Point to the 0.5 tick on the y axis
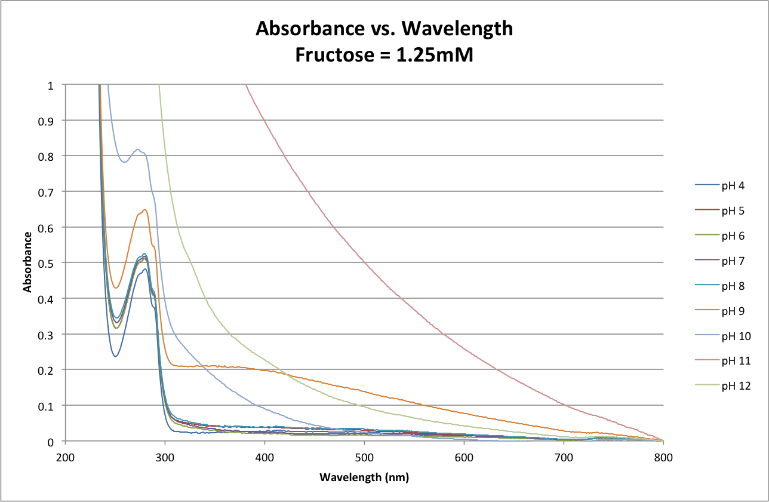(x=52, y=263)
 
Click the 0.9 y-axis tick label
(x=52, y=121)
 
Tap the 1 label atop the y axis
(x=56, y=85)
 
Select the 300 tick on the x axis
(x=165, y=458)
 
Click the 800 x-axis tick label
(x=663, y=458)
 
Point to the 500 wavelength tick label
(x=364, y=458)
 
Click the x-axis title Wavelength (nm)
(x=364, y=477)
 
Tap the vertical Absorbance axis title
(x=27, y=263)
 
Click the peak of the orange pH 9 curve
(x=145, y=210)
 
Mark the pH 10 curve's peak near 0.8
(x=138, y=149)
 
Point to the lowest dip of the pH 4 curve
(x=115, y=357)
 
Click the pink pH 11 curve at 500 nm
(x=364, y=264)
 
